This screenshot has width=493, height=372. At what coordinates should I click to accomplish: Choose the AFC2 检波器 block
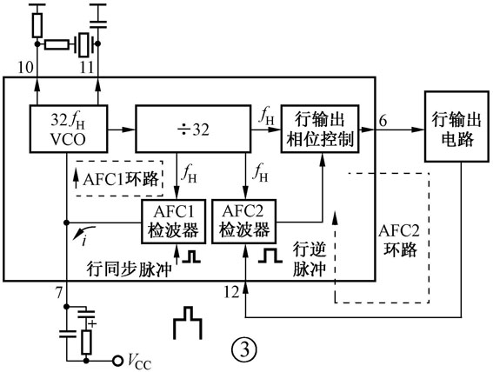click(x=245, y=222)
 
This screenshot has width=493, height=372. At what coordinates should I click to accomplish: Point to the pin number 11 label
click(x=86, y=66)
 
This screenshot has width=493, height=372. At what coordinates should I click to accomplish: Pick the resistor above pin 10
click(x=37, y=24)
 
